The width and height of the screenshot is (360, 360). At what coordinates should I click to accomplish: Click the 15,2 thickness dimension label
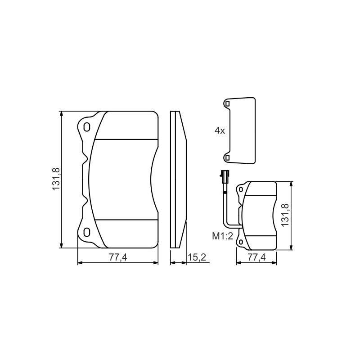pyautogui.click(x=197, y=257)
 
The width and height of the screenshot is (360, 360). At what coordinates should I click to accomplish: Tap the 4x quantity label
pyautogui.click(x=220, y=131)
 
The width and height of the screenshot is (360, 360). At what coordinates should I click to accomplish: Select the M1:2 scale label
pyautogui.click(x=222, y=236)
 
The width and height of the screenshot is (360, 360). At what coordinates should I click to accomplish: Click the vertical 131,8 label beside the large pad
pyautogui.click(x=56, y=179)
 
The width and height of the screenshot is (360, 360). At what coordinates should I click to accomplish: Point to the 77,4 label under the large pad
pyautogui.click(x=118, y=257)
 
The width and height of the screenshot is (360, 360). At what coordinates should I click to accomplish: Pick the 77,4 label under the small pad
pyautogui.click(x=256, y=257)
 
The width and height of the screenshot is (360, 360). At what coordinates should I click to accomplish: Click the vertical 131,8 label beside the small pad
pyautogui.click(x=285, y=215)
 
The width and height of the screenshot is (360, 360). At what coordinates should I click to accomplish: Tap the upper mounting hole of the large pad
pyautogui.click(x=86, y=127)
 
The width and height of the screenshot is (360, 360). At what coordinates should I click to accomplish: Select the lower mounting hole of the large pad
pyautogui.click(x=86, y=232)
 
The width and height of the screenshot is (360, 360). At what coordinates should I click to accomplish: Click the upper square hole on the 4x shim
pyautogui.click(x=227, y=104)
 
